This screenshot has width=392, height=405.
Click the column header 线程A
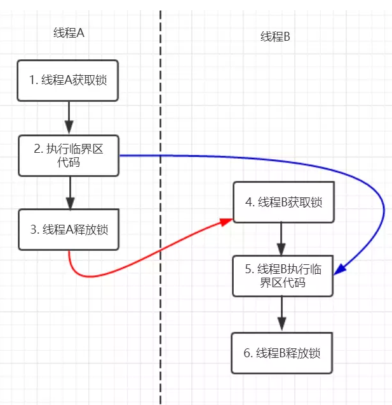coord(69,33)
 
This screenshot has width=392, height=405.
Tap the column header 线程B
coord(275,37)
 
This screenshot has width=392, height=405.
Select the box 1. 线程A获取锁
coord(69,80)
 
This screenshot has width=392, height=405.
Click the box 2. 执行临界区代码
coord(69,155)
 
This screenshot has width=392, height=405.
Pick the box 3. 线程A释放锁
coord(69,229)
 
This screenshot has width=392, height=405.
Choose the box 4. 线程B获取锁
coord(283,202)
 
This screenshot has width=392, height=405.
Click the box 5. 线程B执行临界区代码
coord(283,276)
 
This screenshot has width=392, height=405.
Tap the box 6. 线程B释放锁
coord(283,352)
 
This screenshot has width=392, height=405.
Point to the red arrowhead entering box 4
coord(227,220)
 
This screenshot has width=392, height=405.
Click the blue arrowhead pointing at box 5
coord(340,270)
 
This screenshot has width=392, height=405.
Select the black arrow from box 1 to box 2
coord(69,118)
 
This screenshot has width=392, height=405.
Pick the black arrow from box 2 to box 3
coord(69,192)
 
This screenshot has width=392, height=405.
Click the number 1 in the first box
coord(32,80)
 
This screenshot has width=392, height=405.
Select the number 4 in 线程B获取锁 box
coord(248,202)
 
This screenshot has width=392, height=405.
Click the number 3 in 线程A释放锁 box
coord(33,229)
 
